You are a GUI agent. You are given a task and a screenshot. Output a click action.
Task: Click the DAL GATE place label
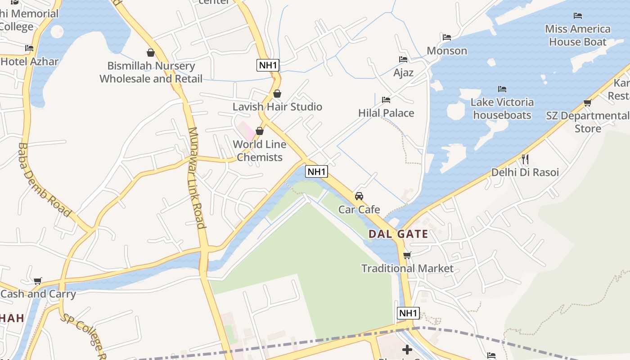tap(398, 234)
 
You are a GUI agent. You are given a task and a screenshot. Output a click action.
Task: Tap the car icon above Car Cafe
tap(359, 196)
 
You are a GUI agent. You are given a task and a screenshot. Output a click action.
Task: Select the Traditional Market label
tap(407, 268)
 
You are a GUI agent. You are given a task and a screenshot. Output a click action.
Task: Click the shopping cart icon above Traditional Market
tap(407, 256)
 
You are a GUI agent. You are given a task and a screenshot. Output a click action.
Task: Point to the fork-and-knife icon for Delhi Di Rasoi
tap(525, 159)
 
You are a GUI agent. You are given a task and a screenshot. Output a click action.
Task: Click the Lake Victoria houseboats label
tap(502, 108)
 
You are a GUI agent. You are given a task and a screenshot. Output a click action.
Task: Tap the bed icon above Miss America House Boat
tap(578, 16)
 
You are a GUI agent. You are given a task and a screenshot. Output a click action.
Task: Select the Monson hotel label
tap(447, 50)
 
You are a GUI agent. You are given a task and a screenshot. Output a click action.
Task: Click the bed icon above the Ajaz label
tap(403, 59)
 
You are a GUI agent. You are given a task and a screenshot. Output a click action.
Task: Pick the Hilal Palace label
tap(386, 112)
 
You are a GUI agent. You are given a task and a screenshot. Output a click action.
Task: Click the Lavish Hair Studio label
tap(277, 107)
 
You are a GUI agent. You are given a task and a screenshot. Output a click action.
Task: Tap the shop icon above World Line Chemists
tap(260, 131)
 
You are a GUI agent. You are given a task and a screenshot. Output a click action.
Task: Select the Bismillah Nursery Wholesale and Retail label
tap(151, 72)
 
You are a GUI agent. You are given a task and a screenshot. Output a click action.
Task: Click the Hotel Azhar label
tap(30, 61)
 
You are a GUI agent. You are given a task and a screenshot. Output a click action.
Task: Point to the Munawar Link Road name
tap(196, 178)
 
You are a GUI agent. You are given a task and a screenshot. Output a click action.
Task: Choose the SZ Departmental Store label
tap(587, 122)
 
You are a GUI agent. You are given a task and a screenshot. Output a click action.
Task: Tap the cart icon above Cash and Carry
tap(38, 281)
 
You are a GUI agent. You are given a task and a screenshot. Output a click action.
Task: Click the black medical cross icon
tap(407, 349)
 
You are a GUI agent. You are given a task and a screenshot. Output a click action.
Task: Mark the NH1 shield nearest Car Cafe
tap(316, 171)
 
